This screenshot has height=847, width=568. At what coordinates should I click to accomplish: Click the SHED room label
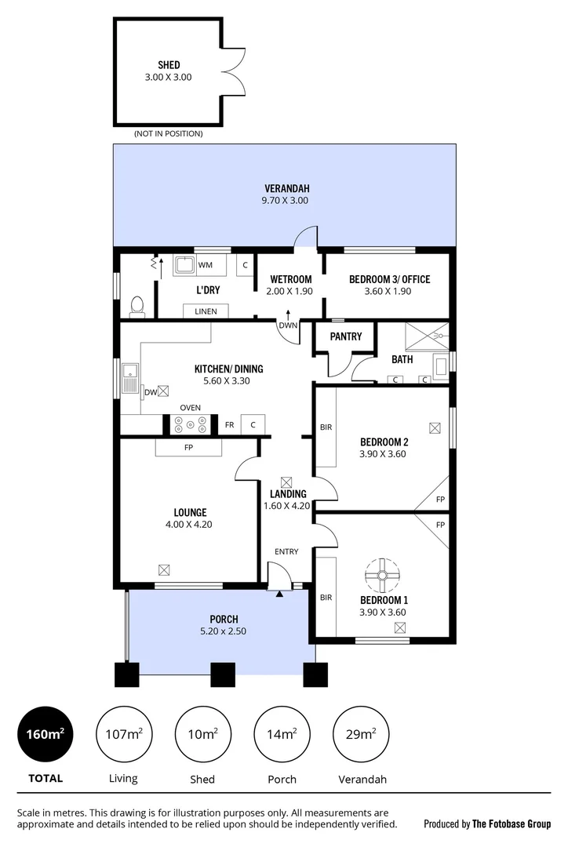[x=169, y=65]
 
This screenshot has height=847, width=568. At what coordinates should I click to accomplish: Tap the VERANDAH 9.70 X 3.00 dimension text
[x=286, y=201]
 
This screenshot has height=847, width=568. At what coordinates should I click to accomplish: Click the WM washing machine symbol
[x=184, y=265]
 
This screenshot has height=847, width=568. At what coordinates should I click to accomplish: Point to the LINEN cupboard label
[x=206, y=311]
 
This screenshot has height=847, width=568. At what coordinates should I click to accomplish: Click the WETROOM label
[x=291, y=279]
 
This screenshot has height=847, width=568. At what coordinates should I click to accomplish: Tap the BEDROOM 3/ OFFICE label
[x=388, y=279]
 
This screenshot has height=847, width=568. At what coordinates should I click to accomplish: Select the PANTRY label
[x=346, y=336]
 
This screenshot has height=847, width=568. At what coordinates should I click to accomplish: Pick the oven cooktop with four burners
[x=191, y=424]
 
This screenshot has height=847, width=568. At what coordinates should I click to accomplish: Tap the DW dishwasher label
[x=149, y=391]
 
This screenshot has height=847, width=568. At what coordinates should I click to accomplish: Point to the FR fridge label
[x=229, y=425]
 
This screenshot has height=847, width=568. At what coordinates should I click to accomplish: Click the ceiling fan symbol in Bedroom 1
[x=383, y=576]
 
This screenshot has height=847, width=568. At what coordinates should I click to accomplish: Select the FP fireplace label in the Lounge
[x=188, y=448]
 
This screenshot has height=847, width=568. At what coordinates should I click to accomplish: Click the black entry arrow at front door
[x=280, y=594]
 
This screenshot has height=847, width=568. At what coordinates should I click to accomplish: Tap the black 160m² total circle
[x=46, y=735]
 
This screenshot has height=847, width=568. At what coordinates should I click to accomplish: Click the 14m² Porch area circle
[x=282, y=735]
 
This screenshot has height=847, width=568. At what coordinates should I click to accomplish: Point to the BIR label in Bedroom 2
[x=326, y=428]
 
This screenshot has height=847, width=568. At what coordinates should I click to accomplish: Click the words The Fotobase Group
[x=510, y=823]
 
